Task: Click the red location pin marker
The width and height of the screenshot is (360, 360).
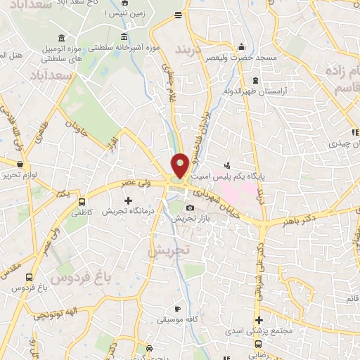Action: pos(180,166)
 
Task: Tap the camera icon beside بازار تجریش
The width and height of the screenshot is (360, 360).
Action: pos(190,208)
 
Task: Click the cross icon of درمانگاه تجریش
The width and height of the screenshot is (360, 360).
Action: pos(127,201)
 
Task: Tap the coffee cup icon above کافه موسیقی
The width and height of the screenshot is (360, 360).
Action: pos(178,309)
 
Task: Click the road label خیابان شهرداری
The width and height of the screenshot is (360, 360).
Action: pos(218,200)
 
